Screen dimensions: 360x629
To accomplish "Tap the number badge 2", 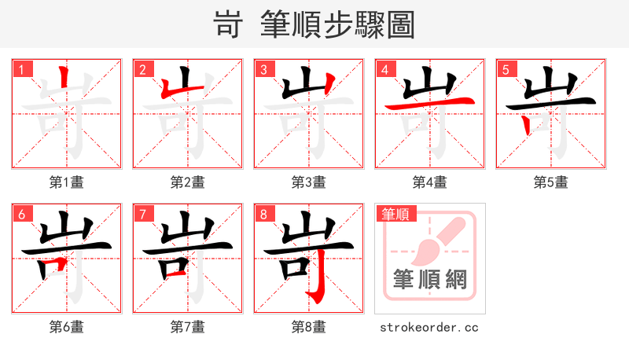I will (x=143, y=70).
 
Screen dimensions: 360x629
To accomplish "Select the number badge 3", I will (x=264, y=70).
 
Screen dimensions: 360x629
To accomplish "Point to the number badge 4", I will (x=385, y=70).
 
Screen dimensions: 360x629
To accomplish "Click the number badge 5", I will (x=506, y=70).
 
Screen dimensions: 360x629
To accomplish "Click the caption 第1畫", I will (x=67, y=182).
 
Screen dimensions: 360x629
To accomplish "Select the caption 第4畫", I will (x=430, y=182).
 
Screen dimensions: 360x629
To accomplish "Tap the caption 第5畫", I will (x=550, y=182).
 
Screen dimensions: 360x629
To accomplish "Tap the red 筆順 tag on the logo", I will (x=397, y=214).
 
